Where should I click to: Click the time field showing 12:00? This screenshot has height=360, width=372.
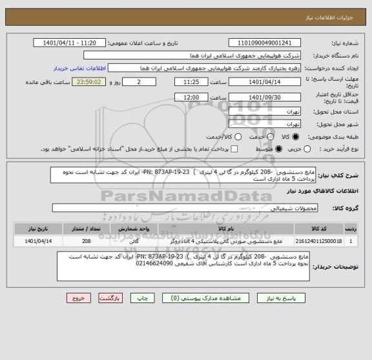pos(191,97)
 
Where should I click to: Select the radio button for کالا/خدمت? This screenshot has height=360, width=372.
pos(221,137)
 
